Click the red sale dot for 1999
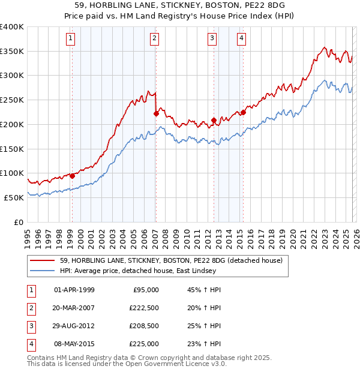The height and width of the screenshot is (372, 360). pos(72,176)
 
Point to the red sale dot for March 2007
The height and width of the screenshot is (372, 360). pos(156,113)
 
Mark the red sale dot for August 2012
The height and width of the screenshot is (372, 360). pos(214,120)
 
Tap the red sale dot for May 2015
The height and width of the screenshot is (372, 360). pos(243,112)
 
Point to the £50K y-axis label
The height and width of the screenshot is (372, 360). pos(14,197)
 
